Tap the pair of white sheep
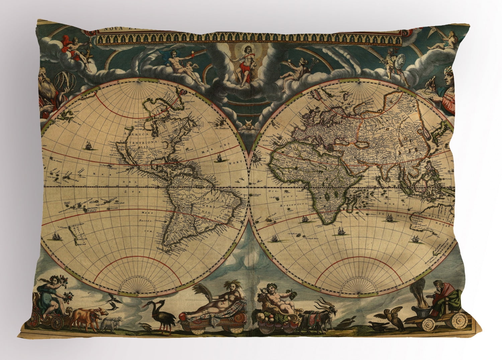(110, 323)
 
